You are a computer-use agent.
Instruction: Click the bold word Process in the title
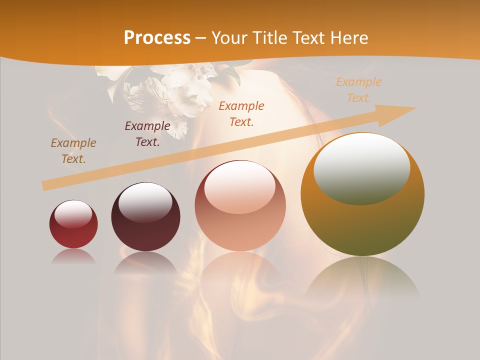pos(157,38)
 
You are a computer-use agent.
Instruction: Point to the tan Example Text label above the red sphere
pos(73,151)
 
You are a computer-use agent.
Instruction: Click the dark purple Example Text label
pos(147,133)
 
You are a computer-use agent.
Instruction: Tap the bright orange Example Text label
pos(241,113)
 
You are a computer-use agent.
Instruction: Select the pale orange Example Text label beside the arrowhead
pos(358,90)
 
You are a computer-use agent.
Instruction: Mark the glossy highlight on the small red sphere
pos(73,213)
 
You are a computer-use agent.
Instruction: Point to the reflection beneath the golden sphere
pos(362,277)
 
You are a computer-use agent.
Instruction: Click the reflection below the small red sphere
pos(73,256)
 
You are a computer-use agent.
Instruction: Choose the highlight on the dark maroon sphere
pos(145,201)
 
